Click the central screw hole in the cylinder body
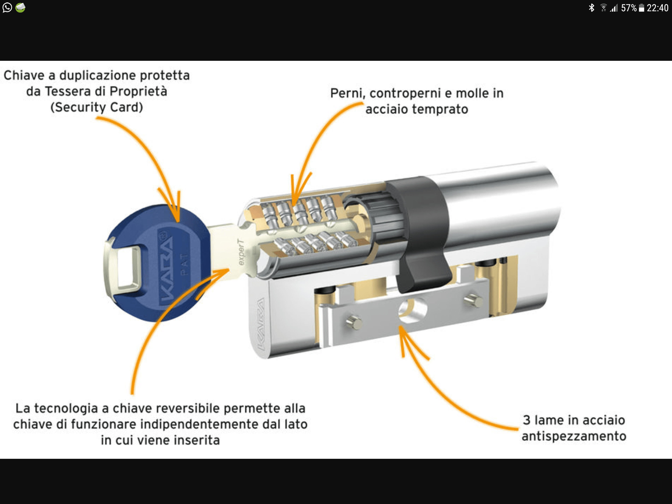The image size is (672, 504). click(x=412, y=309)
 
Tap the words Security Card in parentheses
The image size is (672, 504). click(x=97, y=107)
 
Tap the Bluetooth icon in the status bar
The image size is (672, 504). click(x=591, y=8)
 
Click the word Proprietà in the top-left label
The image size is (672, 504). click(x=138, y=91)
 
